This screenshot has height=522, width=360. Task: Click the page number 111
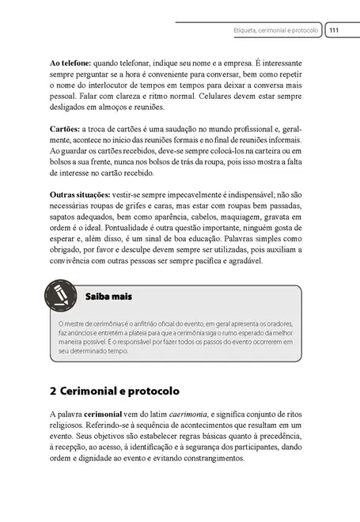point(334,30)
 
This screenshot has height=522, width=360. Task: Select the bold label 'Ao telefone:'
point(70,61)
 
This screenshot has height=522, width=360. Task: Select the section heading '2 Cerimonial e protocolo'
point(114,391)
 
